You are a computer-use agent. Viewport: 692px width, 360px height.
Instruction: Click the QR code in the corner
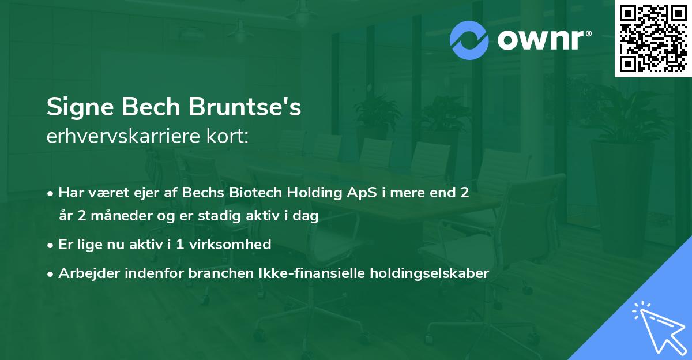tap(653, 39)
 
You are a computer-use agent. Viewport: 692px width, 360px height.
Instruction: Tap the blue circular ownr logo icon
tap(469, 40)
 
